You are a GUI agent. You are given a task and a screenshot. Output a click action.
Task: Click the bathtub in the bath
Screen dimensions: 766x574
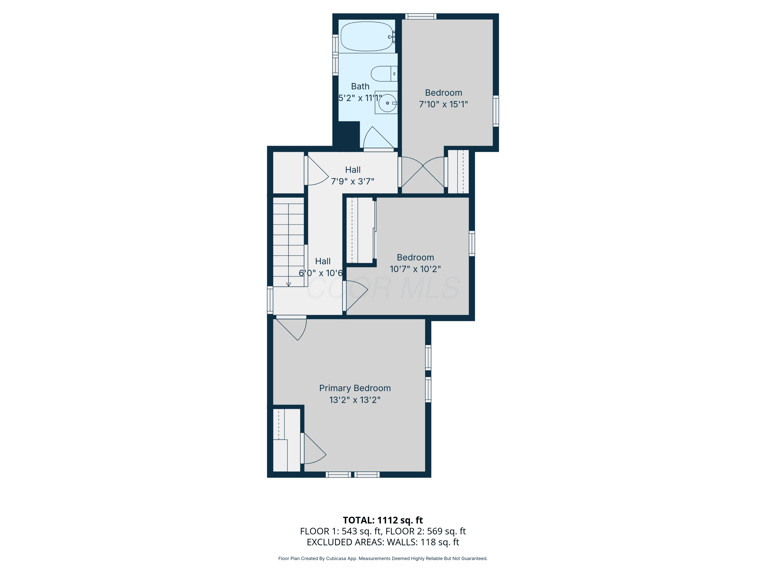[x=367, y=36]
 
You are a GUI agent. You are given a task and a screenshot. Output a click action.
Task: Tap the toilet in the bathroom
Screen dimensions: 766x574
[x=384, y=74]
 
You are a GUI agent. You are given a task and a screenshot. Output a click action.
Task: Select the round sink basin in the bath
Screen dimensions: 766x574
[x=387, y=103]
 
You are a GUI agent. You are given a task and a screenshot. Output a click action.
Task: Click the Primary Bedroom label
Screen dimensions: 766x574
[x=355, y=388]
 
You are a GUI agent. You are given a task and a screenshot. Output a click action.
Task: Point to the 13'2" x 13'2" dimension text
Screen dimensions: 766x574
[x=355, y=400]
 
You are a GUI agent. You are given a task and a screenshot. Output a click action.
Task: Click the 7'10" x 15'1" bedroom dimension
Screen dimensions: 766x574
[x=444, y=104]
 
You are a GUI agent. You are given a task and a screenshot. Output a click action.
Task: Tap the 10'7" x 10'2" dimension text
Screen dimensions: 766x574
[x=415, y=269]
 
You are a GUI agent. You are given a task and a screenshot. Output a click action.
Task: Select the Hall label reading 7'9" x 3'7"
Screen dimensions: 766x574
[x=353, y=176]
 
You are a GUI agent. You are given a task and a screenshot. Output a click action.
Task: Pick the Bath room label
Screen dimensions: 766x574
[x=360, y=86]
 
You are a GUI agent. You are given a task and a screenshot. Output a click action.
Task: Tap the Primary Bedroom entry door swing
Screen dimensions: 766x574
[x=292, y=328]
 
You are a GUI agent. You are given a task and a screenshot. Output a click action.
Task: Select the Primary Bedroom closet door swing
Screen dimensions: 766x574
[x=313, y=448]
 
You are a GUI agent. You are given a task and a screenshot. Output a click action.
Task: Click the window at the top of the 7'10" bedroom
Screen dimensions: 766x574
[x=421, y=16]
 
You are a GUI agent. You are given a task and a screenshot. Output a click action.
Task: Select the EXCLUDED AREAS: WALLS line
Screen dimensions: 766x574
[x=383, y=542]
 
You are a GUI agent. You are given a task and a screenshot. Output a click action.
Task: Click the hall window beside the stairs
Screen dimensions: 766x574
[x=270, y=300]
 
